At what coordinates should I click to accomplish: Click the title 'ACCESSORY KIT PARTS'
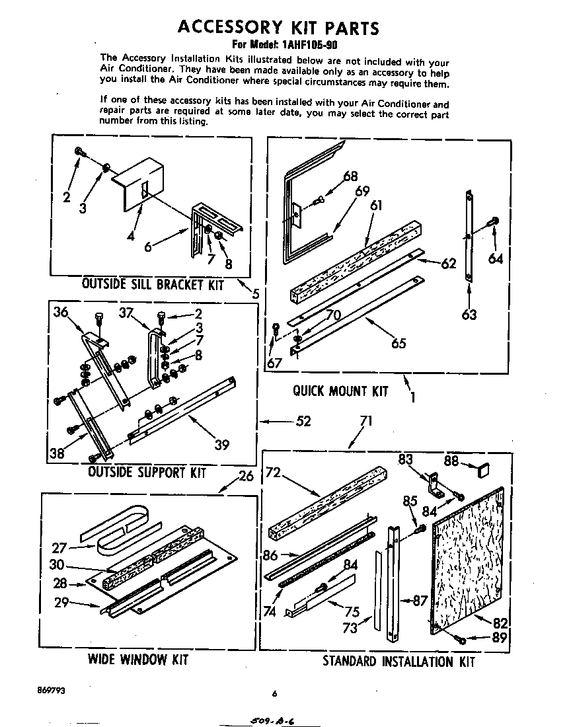tap(278, 27)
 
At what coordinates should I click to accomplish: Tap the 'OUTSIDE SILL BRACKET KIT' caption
tap(152, 285)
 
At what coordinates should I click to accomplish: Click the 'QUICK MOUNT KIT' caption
tap(340, 391)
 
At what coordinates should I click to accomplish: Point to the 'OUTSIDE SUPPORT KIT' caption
tap(147, 473)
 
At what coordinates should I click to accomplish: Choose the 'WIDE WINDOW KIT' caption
tap(137, 660)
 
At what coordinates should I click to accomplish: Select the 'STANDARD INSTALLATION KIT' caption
tap(398, 661)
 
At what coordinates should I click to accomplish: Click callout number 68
tap(350, 176)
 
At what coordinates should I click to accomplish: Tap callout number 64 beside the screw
tap(496, 258)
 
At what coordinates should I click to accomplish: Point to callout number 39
tap(222, 445)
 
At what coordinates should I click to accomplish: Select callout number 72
tap(274, 473)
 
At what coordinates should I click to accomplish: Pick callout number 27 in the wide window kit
tap(60, 547)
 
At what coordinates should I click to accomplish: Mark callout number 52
tap(303, 421)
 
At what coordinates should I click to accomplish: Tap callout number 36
tap(61, 313)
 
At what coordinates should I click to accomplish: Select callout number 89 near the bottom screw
tap(500, 637)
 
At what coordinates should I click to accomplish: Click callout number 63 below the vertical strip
tap(469, 314)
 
